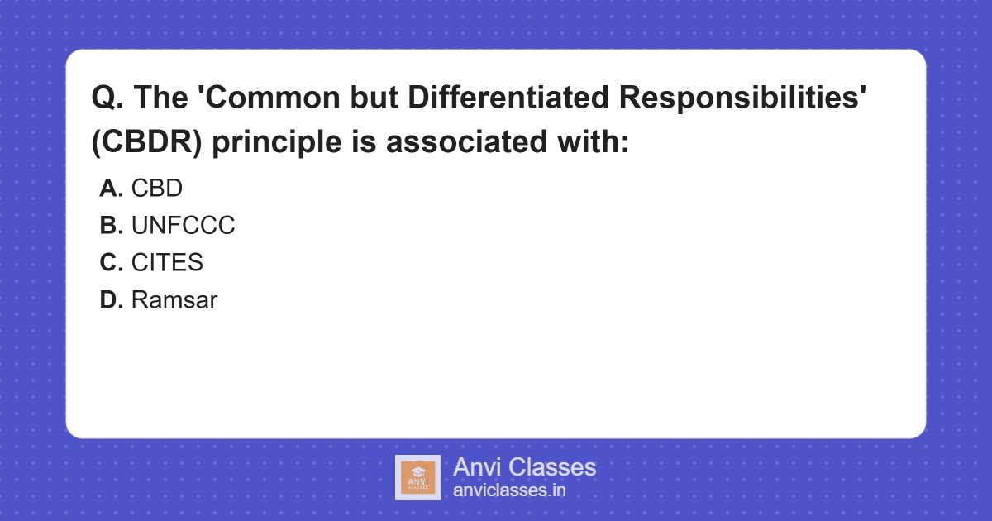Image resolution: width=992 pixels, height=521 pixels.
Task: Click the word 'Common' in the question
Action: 272,97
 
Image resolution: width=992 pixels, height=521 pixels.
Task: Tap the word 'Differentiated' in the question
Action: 508,97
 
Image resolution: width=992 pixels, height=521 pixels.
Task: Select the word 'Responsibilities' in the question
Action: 742,98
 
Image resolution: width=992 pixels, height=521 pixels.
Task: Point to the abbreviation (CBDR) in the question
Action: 146,141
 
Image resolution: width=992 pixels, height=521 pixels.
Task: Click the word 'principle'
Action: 277,142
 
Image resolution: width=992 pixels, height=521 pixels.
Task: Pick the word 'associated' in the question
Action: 467,141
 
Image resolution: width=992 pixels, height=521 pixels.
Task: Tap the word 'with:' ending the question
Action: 593,141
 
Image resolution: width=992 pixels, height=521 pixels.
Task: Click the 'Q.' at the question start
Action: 107,98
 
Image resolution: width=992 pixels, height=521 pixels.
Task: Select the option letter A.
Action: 111,189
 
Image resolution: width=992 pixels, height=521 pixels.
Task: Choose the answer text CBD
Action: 157,189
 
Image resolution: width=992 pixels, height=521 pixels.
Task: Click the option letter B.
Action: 111,226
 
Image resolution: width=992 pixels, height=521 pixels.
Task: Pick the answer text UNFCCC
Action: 183,226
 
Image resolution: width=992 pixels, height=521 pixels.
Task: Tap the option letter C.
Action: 111,262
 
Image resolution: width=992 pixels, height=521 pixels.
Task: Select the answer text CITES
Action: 167,262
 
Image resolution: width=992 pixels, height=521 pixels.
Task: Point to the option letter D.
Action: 111,300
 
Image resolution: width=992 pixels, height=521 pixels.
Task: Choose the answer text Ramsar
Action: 174,300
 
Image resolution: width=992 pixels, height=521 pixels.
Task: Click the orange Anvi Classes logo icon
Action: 417,478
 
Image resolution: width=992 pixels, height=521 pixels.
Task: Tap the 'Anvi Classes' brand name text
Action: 524,467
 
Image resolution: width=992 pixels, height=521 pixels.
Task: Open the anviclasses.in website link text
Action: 509,490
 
